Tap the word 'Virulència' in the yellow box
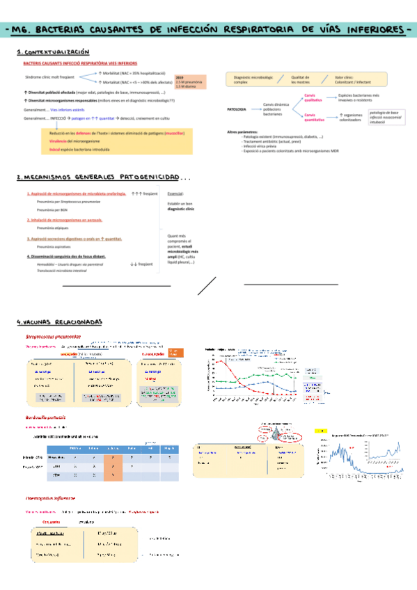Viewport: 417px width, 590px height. point(61,141)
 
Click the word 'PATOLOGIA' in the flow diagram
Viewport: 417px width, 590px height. point(237,110)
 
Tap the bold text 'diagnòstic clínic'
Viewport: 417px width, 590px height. point(181,209)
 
